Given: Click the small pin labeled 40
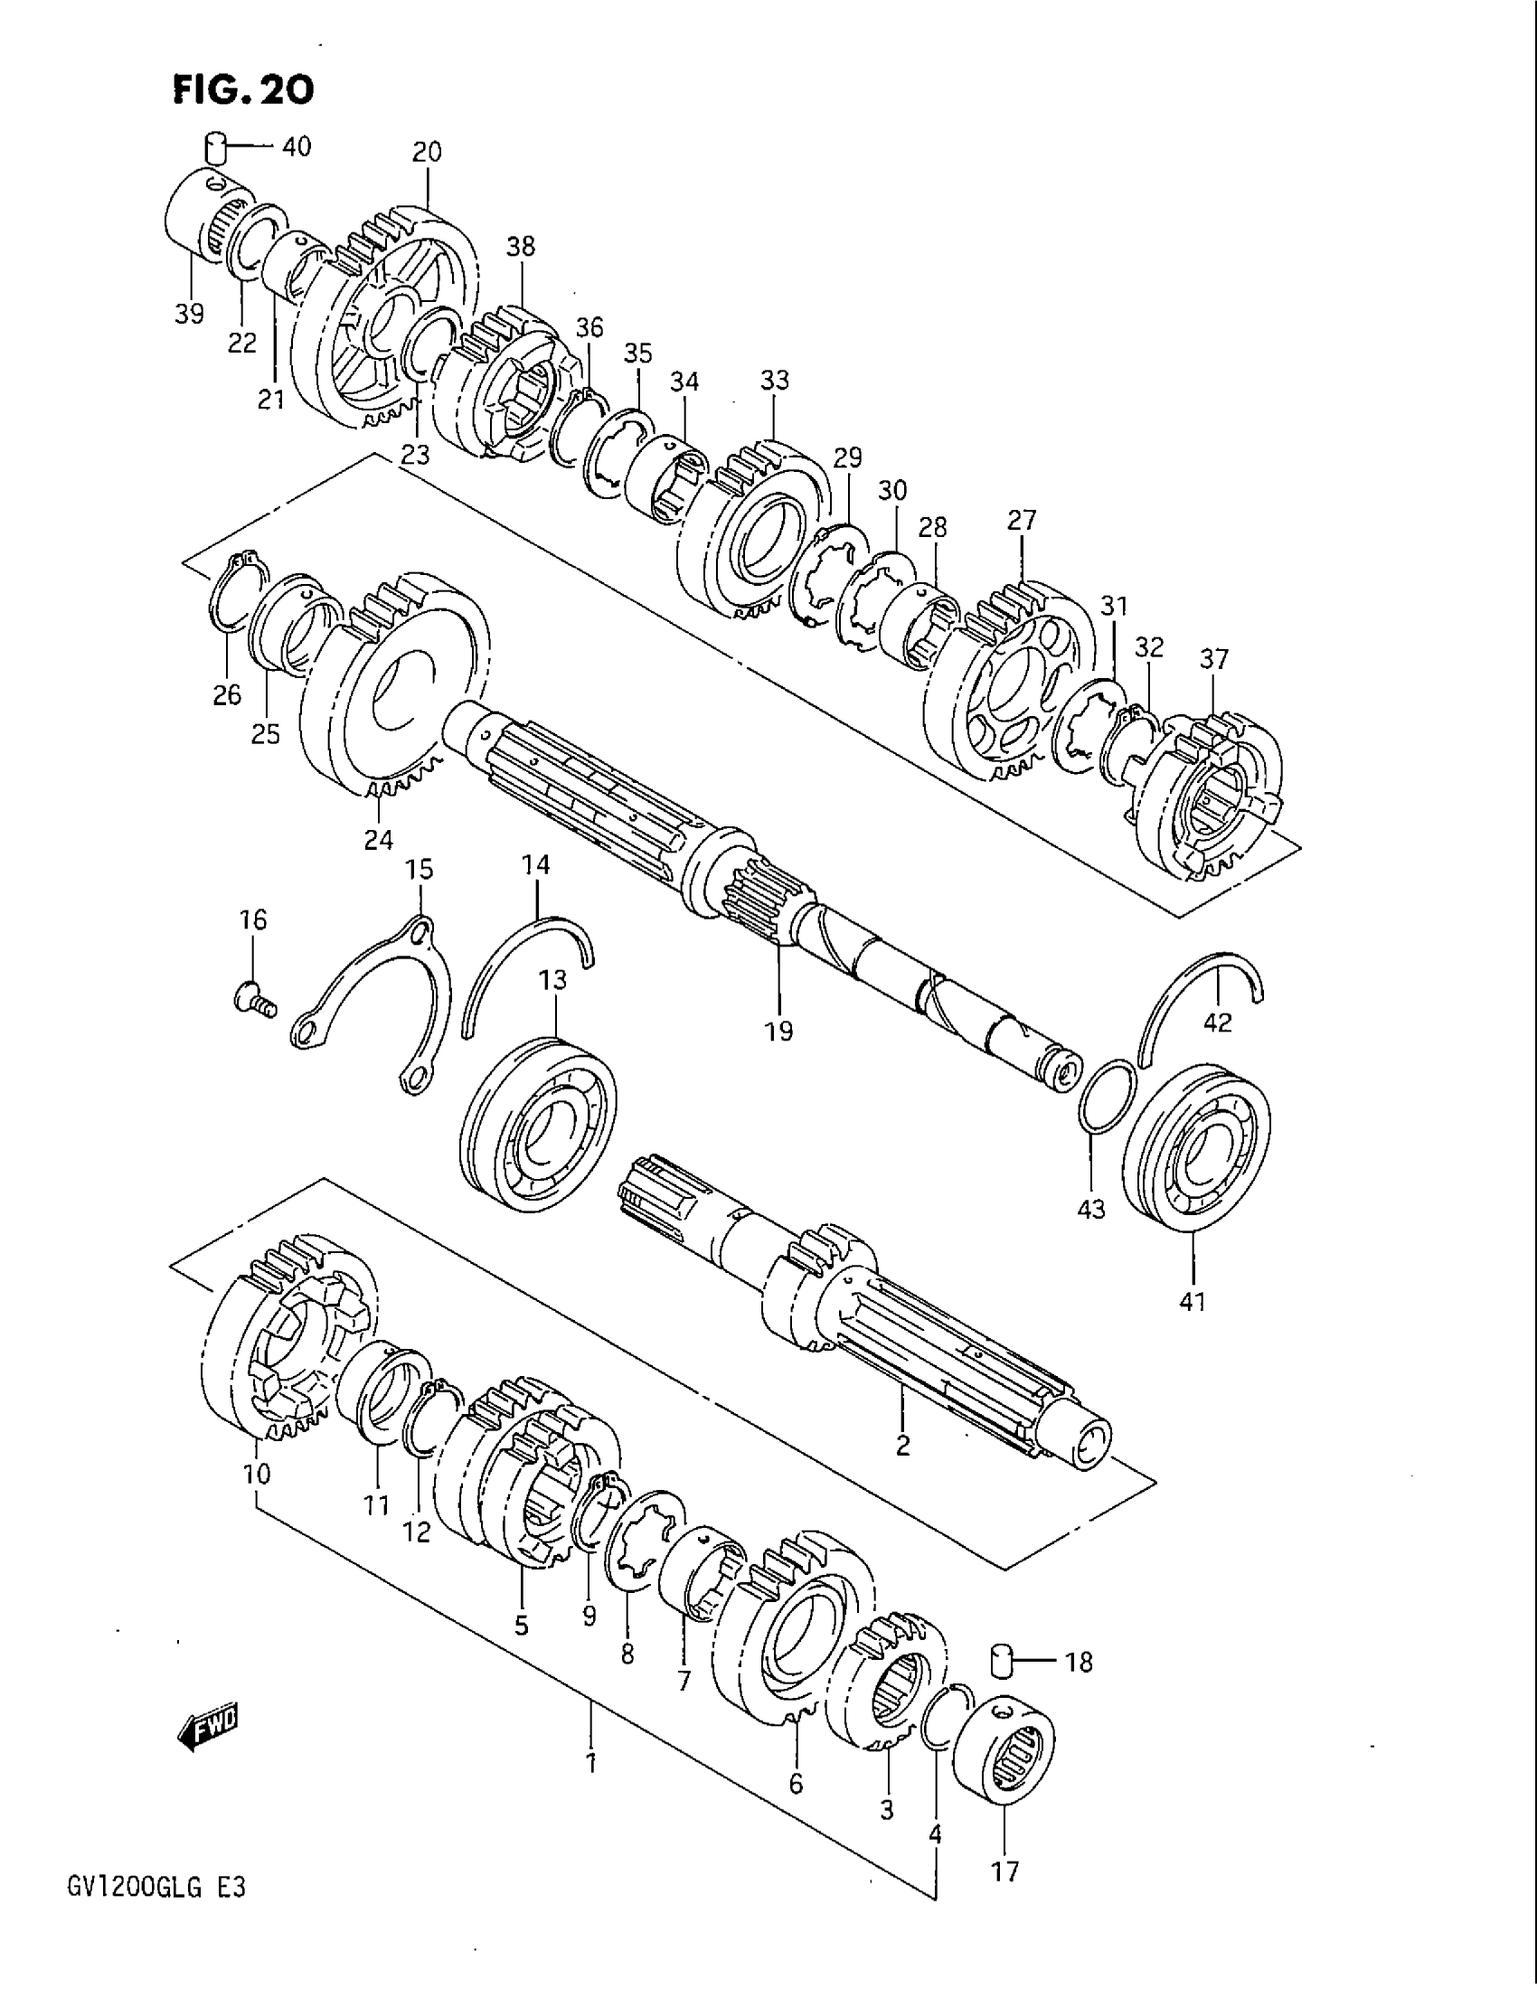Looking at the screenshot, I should (x=214, y=146).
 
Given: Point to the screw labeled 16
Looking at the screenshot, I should (x=250, y=999).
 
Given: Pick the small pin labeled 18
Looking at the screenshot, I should (x=1004, y=1659).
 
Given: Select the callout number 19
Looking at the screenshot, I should (x=779, y=1031).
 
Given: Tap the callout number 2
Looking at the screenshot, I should (x=902, y=1446).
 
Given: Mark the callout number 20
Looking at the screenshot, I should (x=426, y=152).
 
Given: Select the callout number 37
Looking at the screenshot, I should (x=1213, y=658).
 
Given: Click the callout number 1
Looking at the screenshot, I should (x=591, y=1763).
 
